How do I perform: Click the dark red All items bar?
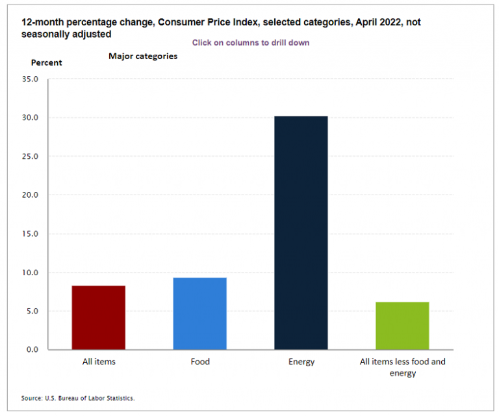point(98,317)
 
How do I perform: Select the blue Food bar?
point(199,314)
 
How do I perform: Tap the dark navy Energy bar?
point(301,232)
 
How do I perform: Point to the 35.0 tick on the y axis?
point(31,79)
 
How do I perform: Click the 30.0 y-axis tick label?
point(31,118)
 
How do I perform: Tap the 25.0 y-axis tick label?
point(31,157)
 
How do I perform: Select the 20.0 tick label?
point(31,195)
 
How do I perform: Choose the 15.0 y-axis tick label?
point(31,234)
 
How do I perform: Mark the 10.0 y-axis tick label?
point(31,273)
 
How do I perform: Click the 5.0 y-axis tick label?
point(32,311)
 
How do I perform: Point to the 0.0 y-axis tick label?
point(32,349)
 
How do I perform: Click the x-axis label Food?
point(200,362)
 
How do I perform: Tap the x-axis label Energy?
point(301,362)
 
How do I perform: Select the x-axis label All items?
point(99,362)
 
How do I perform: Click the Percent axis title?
point(47,62)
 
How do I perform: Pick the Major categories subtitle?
point(143,56)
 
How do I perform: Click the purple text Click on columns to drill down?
point(250,42)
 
